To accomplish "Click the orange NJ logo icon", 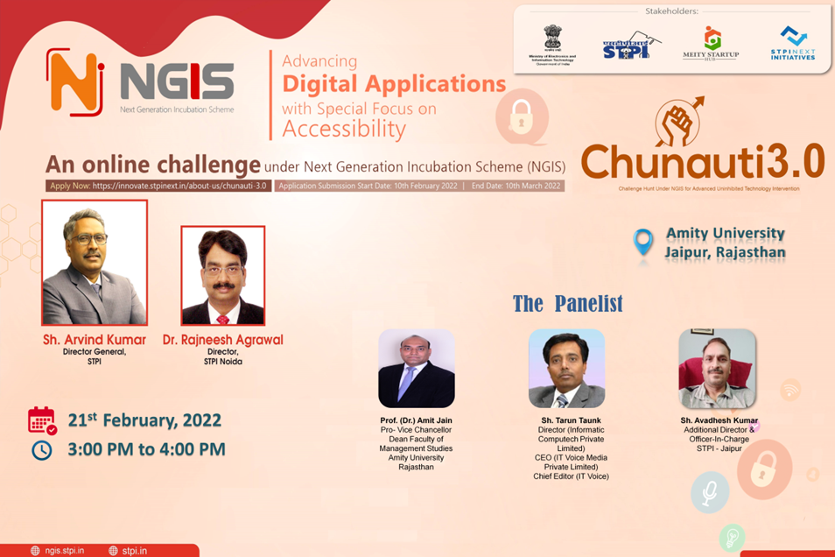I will (x=75, y=81).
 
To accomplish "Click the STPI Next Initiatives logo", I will (x=793, y=42).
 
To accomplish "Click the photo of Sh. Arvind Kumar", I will (x=95, y=263).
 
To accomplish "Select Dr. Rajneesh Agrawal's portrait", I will (x=222, y=276).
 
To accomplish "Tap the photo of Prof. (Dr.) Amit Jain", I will (x=416, y=369).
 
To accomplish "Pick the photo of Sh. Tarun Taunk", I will (x=566, y=369).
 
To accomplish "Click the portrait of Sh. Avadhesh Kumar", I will (x=717, y=369).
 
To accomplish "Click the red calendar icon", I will (x=42, y=420).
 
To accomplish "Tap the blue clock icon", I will (x=41, y=450).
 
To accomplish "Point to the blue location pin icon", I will (x=643, y=243).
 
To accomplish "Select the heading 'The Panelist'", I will (x=567, y=304).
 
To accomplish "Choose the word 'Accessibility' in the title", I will (x=343, y=130).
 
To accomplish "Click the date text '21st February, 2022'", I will (x=144, y=420).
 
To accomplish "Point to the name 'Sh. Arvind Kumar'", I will (x=95, y=339).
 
